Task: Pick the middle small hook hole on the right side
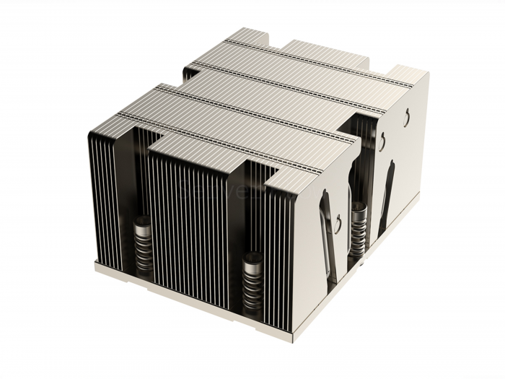381,140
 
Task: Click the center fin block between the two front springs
191,217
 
